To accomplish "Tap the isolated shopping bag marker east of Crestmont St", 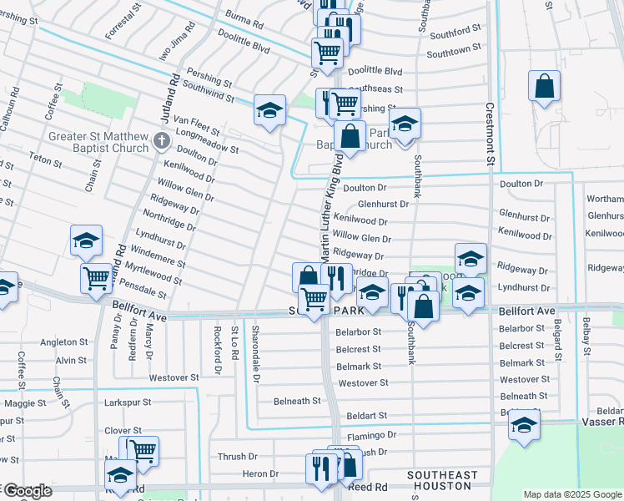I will [x=544, y=87].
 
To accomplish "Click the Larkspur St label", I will [x=127, y=402].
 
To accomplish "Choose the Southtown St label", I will [x=455, y=53].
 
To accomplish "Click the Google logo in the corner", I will [x=27, y=491].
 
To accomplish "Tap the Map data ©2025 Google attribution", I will [x=573, y=494].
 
